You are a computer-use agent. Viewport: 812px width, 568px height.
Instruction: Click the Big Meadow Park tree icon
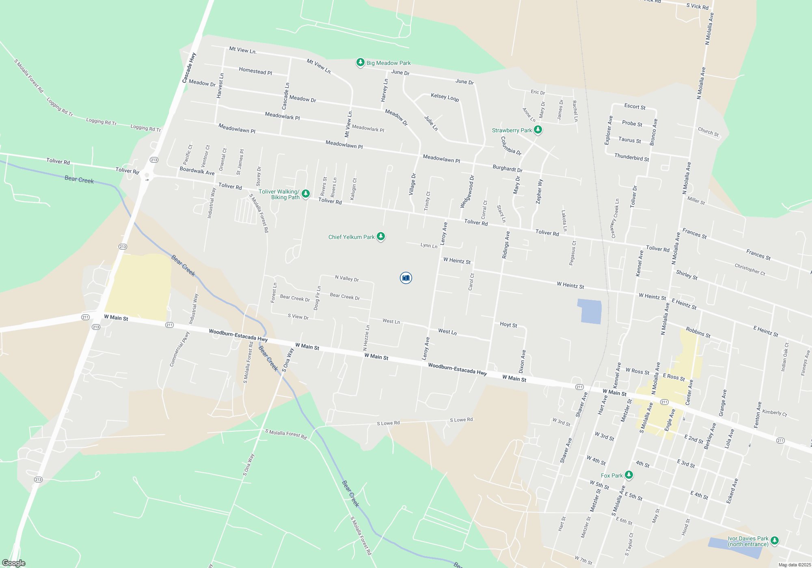360,62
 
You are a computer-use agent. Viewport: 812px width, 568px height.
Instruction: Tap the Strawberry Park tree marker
538,130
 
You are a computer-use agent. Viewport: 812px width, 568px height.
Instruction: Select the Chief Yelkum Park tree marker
380,237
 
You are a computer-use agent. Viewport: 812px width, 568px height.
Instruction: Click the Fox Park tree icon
628,475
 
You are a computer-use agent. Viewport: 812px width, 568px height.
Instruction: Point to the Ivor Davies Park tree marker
774,540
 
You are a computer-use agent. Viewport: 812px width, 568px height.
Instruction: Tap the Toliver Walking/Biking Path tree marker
306,194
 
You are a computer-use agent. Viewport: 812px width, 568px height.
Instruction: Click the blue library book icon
406,278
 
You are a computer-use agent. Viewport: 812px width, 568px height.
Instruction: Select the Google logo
14,563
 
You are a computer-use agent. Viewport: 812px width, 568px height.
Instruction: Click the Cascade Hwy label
189,68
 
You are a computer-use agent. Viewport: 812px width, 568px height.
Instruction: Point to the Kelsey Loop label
445,97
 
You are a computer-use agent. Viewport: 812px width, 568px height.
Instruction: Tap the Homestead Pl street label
255,71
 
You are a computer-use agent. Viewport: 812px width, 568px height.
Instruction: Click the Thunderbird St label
631,157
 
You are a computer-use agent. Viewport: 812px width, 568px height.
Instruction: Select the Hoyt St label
508,325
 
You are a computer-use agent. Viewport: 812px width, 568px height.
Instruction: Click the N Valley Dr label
347,278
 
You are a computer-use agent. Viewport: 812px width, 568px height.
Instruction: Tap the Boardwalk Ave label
197,171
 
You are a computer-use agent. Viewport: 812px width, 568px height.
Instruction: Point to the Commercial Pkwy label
179,349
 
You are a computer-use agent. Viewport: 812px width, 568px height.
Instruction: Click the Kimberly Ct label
774,413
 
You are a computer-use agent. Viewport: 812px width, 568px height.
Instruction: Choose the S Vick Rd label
697,6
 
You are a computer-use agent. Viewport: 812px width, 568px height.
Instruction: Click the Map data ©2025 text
794,565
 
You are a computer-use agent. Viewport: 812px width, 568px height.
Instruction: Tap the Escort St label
635,107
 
